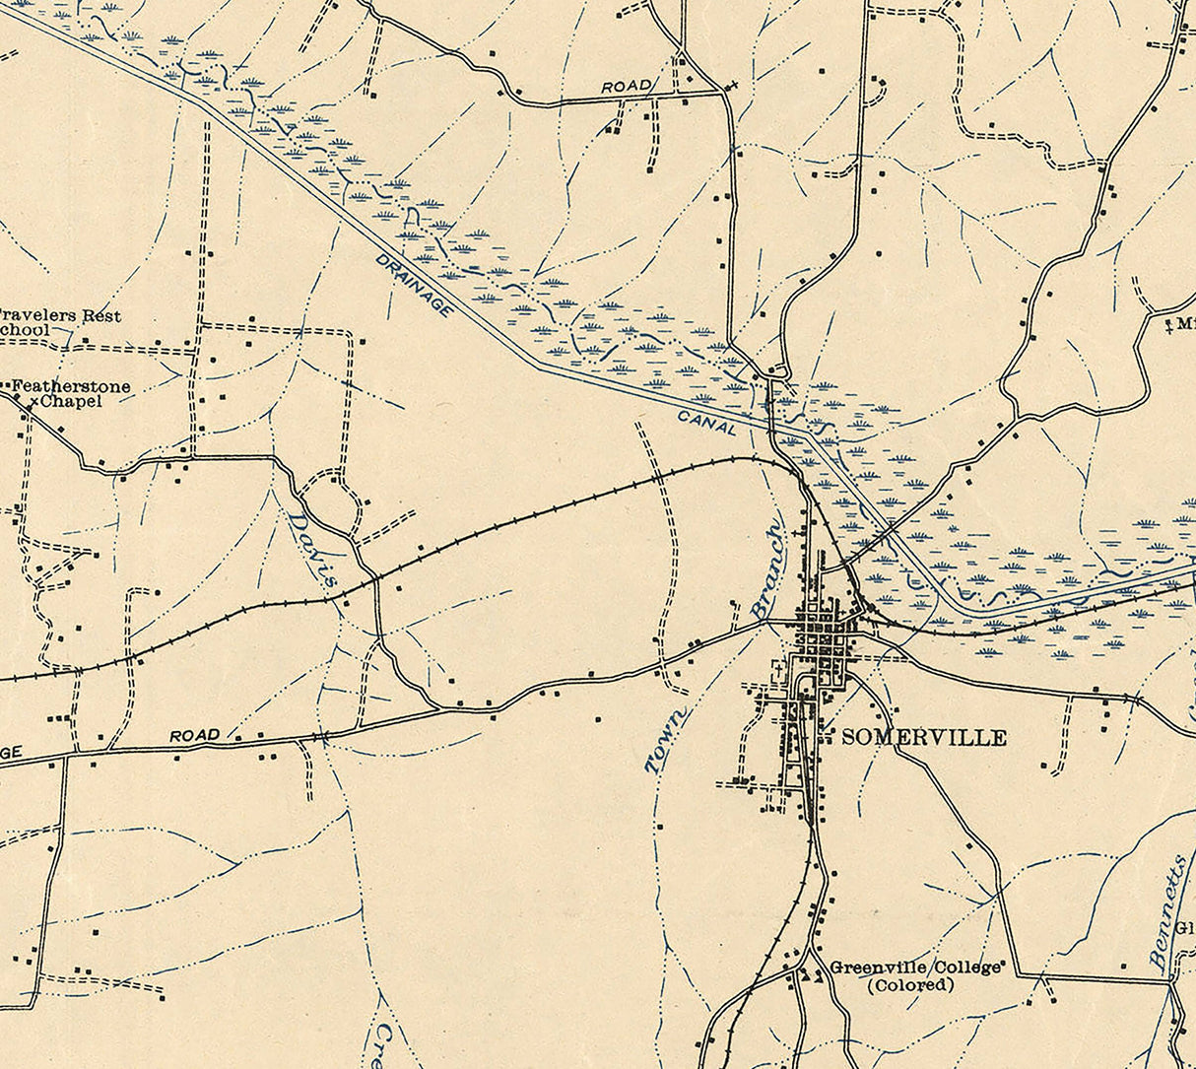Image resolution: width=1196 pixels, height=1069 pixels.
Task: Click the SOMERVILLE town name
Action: click(x=923, y=737)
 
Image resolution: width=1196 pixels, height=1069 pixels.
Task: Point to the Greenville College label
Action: click(x=916, y=967)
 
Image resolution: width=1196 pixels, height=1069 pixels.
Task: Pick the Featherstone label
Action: click(x=70, y=387)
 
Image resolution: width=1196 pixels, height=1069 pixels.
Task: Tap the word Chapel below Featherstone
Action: click(x=73, y=402)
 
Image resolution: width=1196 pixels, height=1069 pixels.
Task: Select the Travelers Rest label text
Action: click(x=61, y=316)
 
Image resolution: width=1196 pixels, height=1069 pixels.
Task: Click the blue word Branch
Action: click(x=769, y=570)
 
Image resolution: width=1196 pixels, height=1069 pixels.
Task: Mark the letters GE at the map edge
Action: click(x=10, y=753)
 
